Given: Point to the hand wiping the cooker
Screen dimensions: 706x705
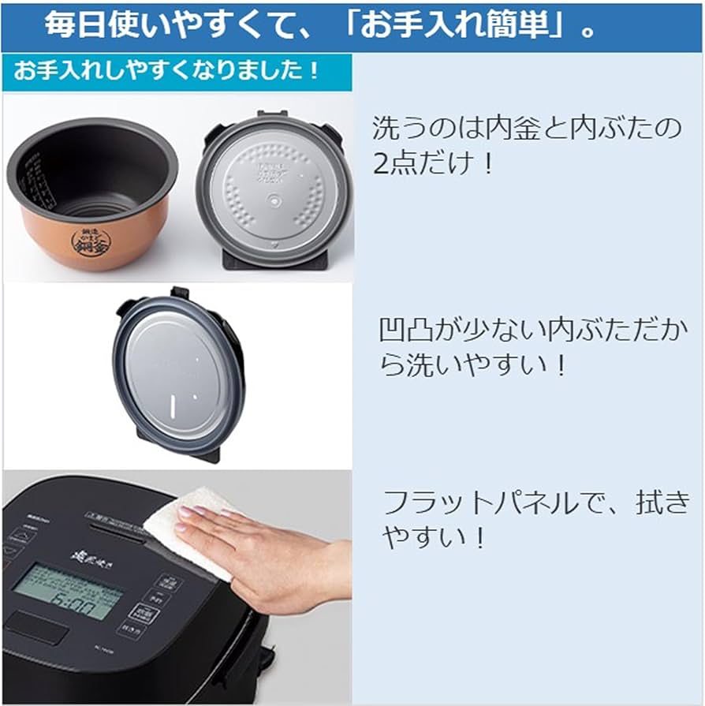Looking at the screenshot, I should (x=260, y=556).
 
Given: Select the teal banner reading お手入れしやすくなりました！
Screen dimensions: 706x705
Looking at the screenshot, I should (x=166, y=71).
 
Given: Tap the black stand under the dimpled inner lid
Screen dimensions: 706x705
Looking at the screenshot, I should (x=272, y=260).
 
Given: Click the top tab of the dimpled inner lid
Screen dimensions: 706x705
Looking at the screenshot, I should (x=272, y=117).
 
